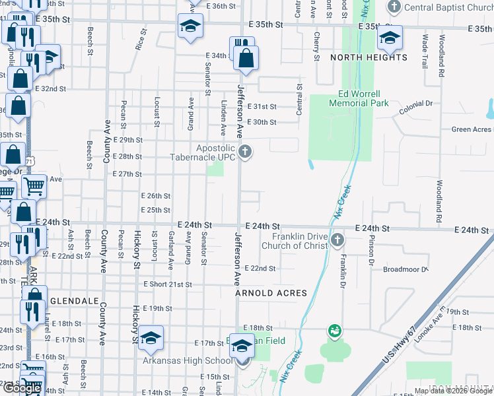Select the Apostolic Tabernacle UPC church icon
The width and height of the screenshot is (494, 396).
click(x=245, y=152)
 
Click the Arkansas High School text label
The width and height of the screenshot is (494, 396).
click(x=187, y=361)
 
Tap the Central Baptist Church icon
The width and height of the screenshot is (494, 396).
click(x=394, y=8)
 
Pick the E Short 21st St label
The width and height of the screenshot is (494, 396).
click(x=168, y=284)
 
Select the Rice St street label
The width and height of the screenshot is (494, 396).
click(x=140, y=39)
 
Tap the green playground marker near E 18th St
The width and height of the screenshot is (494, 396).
click(x=335, y=330)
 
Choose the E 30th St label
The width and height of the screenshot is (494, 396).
click(x=261, y=123)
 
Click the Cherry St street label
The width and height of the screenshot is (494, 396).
click(x=317, y=46)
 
